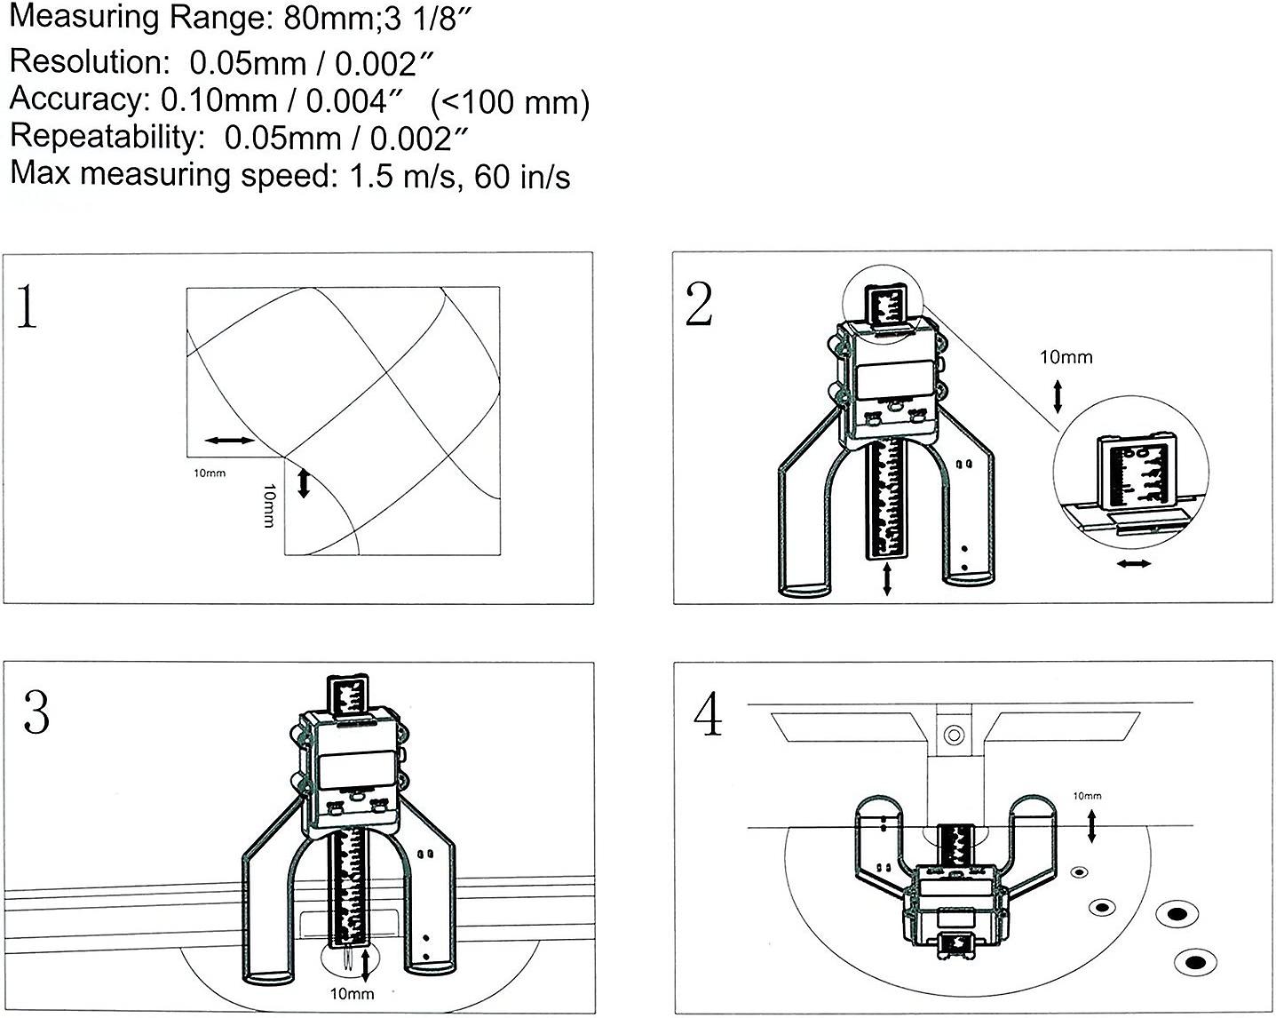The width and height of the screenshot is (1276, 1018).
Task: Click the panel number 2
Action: (700, 305)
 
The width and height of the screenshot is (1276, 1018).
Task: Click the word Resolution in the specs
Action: (84, 62)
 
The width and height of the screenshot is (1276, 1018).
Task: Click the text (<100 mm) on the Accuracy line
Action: (510, 103)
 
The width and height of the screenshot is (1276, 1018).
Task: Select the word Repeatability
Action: (101, 137)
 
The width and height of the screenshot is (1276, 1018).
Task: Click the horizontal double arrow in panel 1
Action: (228, 440)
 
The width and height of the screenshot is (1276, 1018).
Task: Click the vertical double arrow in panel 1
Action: (303, 483)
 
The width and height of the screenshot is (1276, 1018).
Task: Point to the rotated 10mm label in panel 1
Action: (269, 505)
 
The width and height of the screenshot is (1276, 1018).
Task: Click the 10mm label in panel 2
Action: (1066, 357)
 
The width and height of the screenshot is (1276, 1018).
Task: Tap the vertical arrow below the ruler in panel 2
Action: (887, 579)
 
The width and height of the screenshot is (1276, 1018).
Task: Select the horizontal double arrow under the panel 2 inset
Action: (1134, 564)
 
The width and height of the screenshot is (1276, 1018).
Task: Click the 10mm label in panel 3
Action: (352, 993)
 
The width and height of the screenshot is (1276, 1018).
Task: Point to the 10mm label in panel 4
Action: (1087, 796)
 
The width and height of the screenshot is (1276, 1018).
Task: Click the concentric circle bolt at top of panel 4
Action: (954, 736)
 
